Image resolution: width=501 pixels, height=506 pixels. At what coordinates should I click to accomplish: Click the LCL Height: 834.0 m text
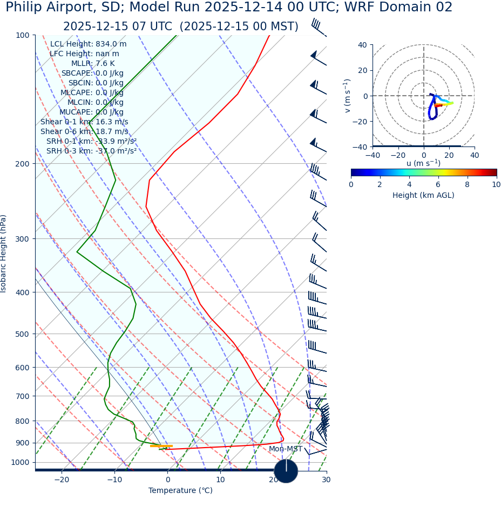89,44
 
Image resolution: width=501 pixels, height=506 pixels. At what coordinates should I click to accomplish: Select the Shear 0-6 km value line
84,131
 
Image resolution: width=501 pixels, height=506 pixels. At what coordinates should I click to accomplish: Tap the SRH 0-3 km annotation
91,151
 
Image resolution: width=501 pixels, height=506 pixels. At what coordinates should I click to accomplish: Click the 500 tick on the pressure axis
23,334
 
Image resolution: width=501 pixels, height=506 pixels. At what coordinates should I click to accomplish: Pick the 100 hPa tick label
23,35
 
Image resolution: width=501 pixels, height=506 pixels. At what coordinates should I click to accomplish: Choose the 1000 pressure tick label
21,462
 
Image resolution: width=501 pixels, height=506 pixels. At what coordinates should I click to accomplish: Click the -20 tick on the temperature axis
62,480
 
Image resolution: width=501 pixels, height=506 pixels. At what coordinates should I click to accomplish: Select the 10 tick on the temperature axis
220,480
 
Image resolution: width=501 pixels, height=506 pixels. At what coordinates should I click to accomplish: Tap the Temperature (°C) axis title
180,490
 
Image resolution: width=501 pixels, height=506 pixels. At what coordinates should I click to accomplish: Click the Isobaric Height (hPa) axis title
4,254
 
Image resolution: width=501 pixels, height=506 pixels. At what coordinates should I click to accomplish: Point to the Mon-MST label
286,449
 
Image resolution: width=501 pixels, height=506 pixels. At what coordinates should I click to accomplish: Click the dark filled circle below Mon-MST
286,471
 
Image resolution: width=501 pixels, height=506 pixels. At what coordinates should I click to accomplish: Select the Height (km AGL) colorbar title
423,195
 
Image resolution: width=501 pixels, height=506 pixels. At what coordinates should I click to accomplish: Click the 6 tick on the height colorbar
438,184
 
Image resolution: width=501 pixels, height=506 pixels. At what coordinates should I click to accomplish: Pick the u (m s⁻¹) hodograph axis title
423,163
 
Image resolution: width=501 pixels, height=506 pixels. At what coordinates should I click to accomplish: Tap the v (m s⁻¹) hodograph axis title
347,96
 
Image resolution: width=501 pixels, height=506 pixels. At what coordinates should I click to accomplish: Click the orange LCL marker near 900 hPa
161,446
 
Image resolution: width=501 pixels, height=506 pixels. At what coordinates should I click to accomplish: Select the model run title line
229,8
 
